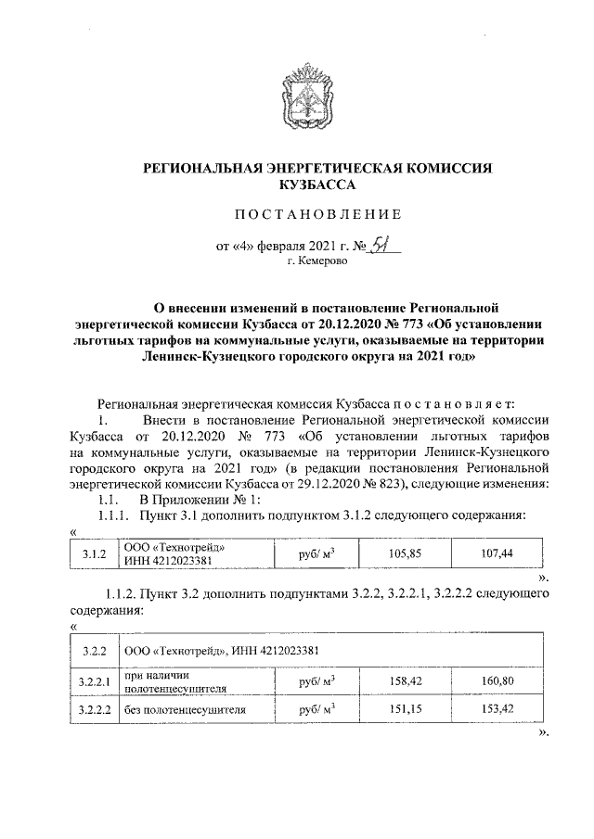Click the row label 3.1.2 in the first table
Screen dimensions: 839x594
tap(95, 553)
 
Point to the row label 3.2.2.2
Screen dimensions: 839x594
tap(95, 710)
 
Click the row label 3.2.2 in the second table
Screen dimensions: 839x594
tap(95, 650)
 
